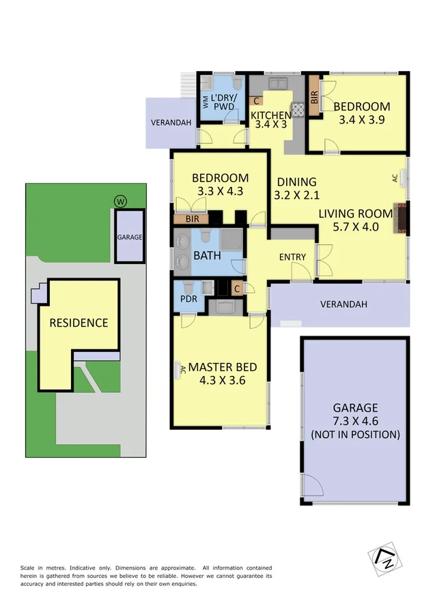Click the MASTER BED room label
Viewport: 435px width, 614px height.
tap(223, 367)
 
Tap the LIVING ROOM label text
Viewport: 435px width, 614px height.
tap(356, 214)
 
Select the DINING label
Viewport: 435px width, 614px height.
tap(296, 182)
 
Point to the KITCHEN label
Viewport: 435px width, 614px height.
tap(272, 115)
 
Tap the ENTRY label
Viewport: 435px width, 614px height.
tap(292, 257)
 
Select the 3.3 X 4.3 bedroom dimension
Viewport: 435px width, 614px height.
tap(220, 191)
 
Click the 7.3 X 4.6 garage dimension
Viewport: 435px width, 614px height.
tap(355, 421)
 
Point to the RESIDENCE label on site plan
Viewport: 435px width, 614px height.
tap(79, 323)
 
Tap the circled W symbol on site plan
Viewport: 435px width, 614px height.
tap(121, 201)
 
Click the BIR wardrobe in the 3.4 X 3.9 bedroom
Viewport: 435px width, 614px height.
tap(315, 96)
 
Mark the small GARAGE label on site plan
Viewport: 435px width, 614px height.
tap(129, 237)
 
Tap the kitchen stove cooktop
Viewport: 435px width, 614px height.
tap(298, 108)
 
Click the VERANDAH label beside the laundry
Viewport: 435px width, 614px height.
tap(171, 123)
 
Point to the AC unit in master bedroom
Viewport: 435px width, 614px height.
tap(180, 369)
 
